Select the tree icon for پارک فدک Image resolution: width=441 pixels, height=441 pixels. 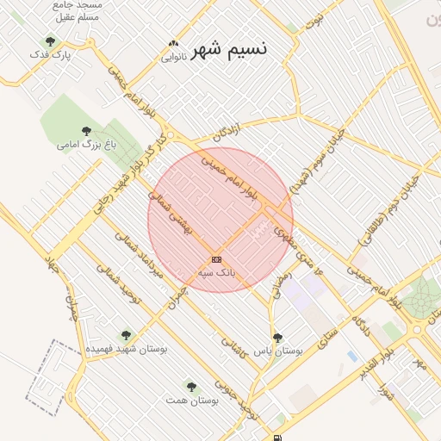[50, 41]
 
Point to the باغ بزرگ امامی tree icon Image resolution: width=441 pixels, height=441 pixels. [86, 131]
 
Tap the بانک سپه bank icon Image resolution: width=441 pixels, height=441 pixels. [216, 259]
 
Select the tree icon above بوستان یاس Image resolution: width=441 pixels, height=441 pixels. [276, 338]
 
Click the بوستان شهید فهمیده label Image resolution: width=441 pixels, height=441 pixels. [126, 349]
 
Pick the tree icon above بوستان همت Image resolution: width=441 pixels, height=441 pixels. [191, 388]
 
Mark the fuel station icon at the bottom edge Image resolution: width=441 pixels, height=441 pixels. [276, 438]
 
